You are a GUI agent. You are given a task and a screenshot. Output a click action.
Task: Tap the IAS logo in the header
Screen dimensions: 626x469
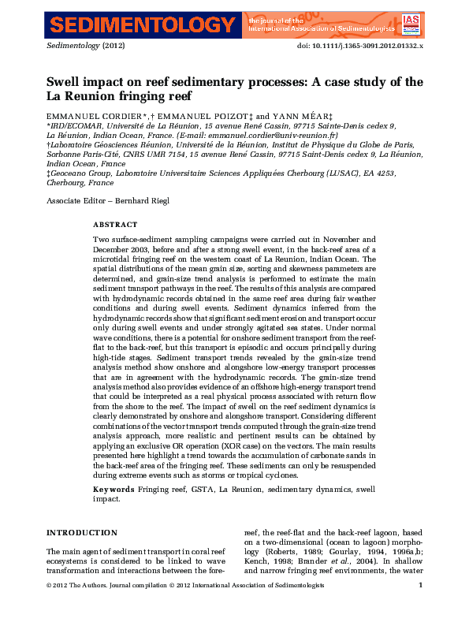(x=410, y=24)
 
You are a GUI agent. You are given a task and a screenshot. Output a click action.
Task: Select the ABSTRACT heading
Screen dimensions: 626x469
(x=115, y=225)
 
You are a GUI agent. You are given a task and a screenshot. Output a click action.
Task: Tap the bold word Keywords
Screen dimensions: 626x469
(x=114, y=490)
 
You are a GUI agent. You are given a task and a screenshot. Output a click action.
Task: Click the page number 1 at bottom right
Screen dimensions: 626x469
(x=421, y=585)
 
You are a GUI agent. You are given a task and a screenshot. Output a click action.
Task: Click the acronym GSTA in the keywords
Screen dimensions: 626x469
(x=205, y=490)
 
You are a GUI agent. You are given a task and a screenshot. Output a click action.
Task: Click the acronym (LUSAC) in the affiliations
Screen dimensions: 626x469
(x=311, y=173)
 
